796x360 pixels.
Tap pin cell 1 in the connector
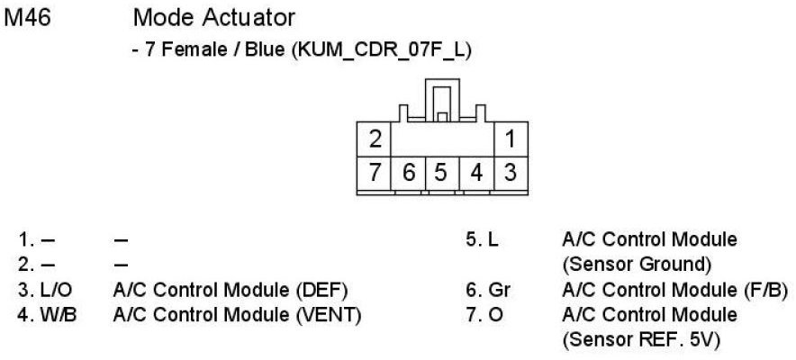tap(510, 139)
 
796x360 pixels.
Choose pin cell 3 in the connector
tap(510, 171)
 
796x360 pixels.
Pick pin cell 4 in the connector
tap(476, 171)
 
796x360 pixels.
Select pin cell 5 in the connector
tap(442, 171)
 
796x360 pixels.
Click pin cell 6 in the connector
tap(408, 171)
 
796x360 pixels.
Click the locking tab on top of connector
tap(441, 99)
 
